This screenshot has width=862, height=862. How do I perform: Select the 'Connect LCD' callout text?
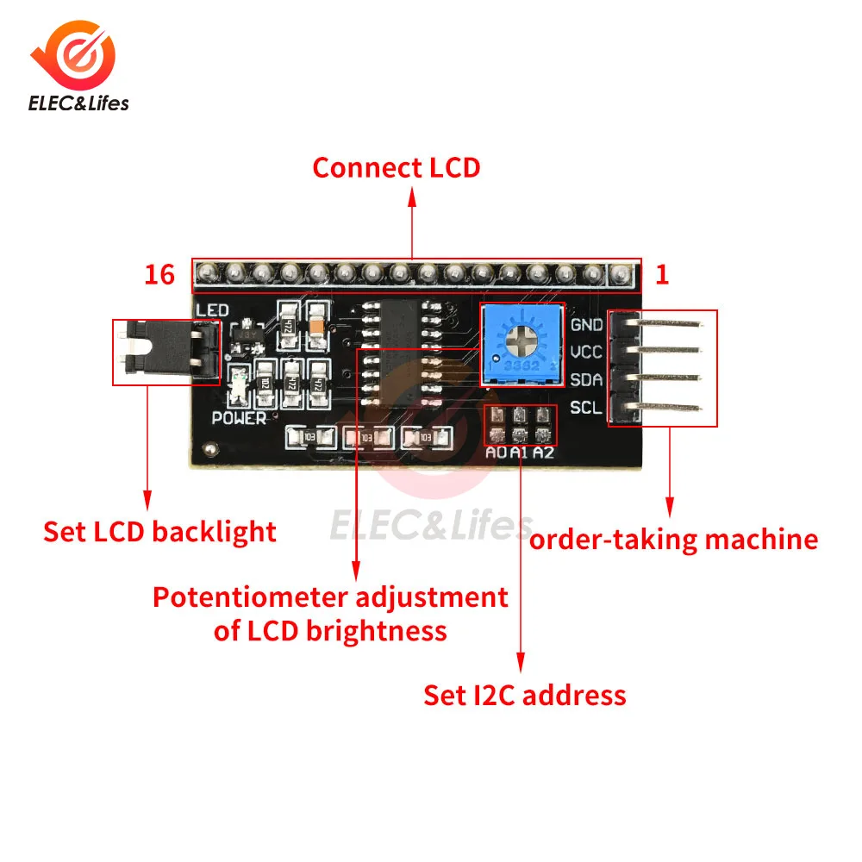tap(396, 167)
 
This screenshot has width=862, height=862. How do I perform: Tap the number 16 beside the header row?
tap(159, 275)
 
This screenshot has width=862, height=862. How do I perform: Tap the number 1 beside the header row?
tap(662, 275)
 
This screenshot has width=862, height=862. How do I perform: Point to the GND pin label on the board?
tap(586, 325)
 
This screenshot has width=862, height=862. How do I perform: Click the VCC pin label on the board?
tap(586, 352)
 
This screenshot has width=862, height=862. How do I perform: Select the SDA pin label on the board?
tap(586, 379)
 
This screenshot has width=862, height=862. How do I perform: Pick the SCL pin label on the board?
tap(586, 406)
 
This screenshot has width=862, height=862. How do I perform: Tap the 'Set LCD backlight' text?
tap(160, 532)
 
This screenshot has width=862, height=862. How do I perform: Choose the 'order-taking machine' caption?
tap(673, 540)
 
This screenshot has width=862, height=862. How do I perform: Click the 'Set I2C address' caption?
tap(524, 695)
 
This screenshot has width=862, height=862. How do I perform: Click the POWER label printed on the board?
tap(239, 419)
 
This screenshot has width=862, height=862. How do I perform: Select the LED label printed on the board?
tap(212, 309)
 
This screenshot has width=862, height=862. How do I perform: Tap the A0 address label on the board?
tap(497, 453)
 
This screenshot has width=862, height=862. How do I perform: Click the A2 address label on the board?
tap(543, 453)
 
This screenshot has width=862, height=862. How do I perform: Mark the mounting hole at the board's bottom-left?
tap(208, 449)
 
